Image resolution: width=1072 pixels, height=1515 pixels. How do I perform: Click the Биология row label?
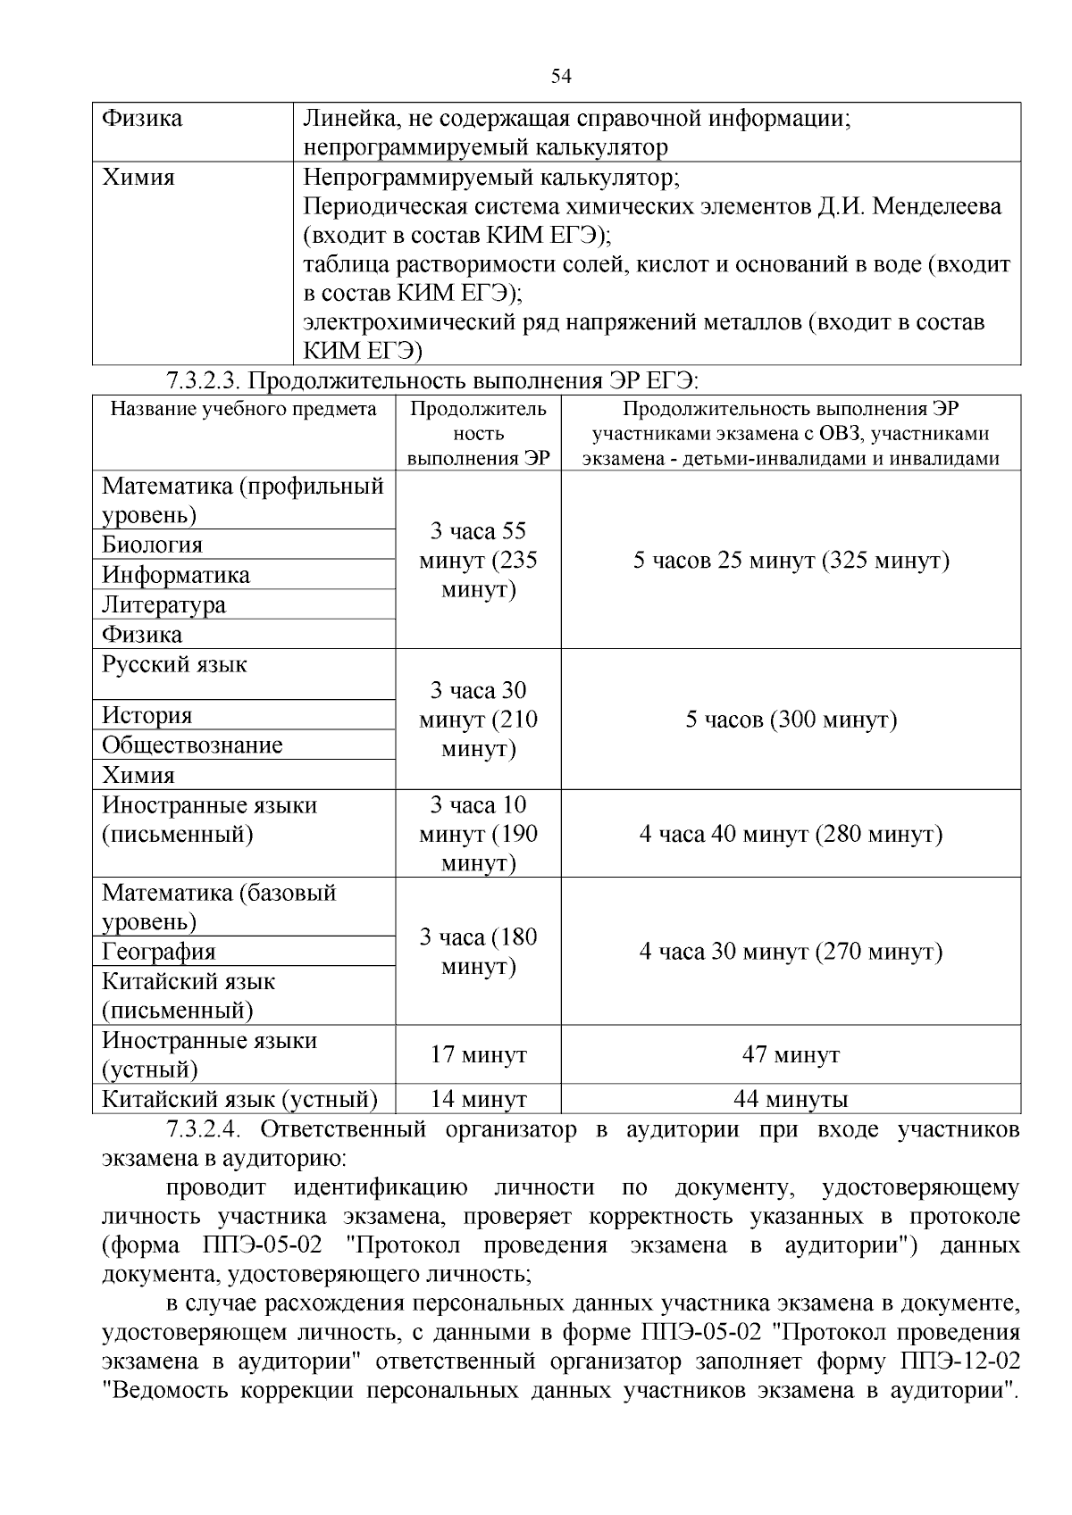[x=153, y=545]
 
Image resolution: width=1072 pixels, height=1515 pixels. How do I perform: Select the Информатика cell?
[x=176, y=575]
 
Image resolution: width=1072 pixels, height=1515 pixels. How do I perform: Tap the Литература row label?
[x=163, y=605]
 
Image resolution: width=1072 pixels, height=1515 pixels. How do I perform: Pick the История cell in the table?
[x=147, y=716]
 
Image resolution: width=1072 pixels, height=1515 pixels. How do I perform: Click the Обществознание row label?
[x=192, y=745]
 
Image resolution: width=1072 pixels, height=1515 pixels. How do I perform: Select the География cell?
[x=159, y=952]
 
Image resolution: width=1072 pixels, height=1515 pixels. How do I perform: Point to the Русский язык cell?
[x=175, y=665]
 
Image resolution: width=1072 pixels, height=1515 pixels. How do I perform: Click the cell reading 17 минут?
[x=478, y=1055]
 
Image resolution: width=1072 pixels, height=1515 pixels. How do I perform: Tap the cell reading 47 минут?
[x=791, y=1055]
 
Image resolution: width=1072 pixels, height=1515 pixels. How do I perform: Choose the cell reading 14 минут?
[x=478, y=1100]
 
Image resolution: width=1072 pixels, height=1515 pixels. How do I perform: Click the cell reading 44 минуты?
[x=791, y=1100]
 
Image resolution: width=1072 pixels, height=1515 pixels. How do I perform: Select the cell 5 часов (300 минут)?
[x=791, y=720]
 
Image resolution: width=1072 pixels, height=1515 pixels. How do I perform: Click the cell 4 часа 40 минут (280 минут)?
[x=791, y=835]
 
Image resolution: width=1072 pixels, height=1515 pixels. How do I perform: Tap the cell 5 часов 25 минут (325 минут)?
[x=791, y=561]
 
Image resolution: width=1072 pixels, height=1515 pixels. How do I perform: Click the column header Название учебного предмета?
[x=244, y=410]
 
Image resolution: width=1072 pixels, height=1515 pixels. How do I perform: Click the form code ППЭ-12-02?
[x=955, y=1362]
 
